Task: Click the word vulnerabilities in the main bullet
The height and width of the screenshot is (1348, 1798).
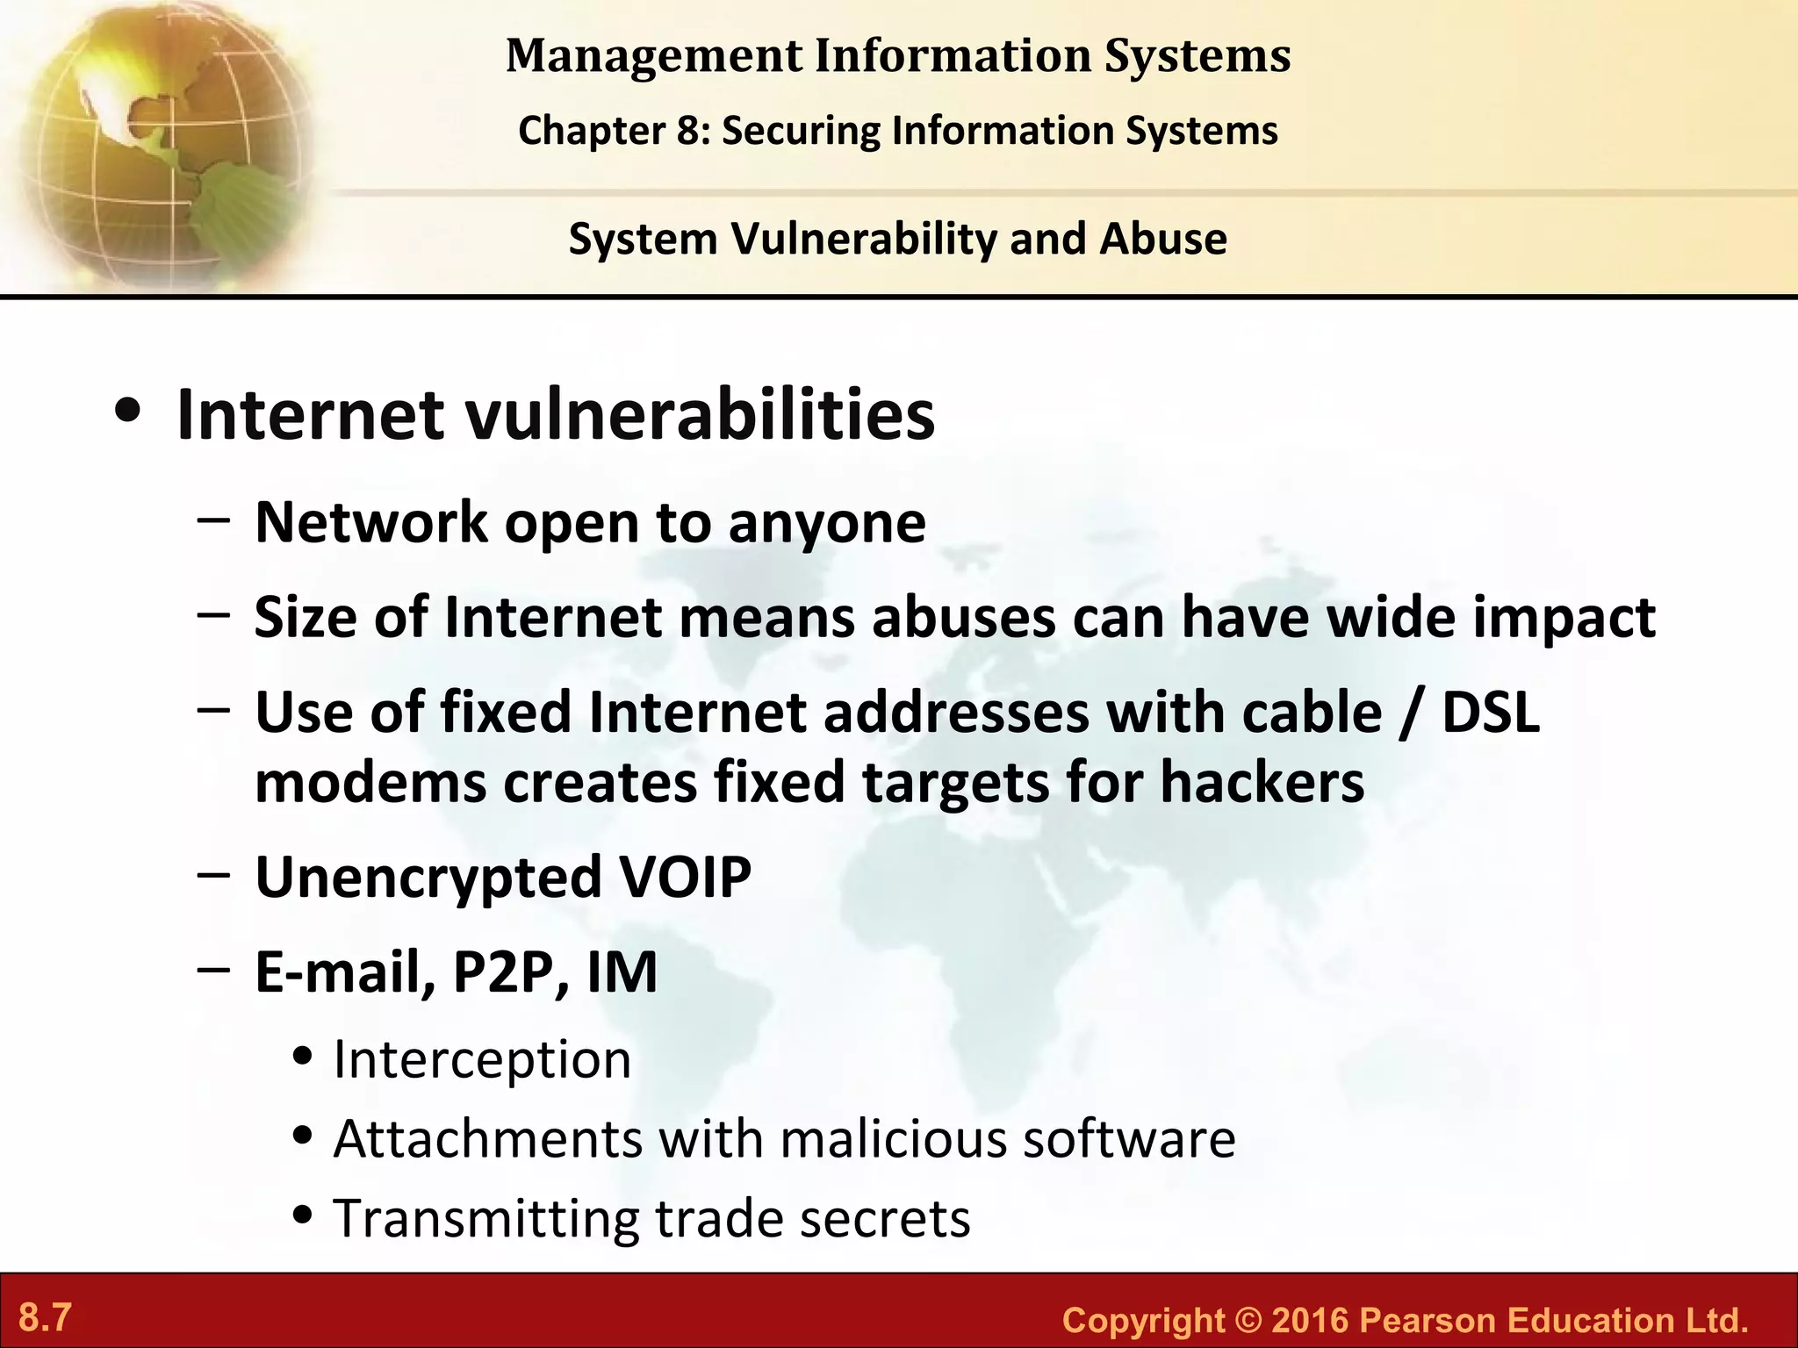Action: pyautogui.click(x=700, y=415)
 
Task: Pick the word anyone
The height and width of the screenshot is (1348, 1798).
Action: pyautogui.click(x=827, y=524)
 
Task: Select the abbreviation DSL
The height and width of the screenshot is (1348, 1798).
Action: pyautogui.click(x=1490, y=712)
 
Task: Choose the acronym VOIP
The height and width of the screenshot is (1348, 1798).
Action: pyautogui.click(x=686, y=877)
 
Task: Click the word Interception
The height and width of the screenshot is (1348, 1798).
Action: pyautogui.click(x=482, y=1059)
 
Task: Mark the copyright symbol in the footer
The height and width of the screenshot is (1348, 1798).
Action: pyautogui.click(x=1248, y=1320)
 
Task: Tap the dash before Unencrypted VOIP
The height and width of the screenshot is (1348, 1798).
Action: pyautogui.click(x=214, y=875)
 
